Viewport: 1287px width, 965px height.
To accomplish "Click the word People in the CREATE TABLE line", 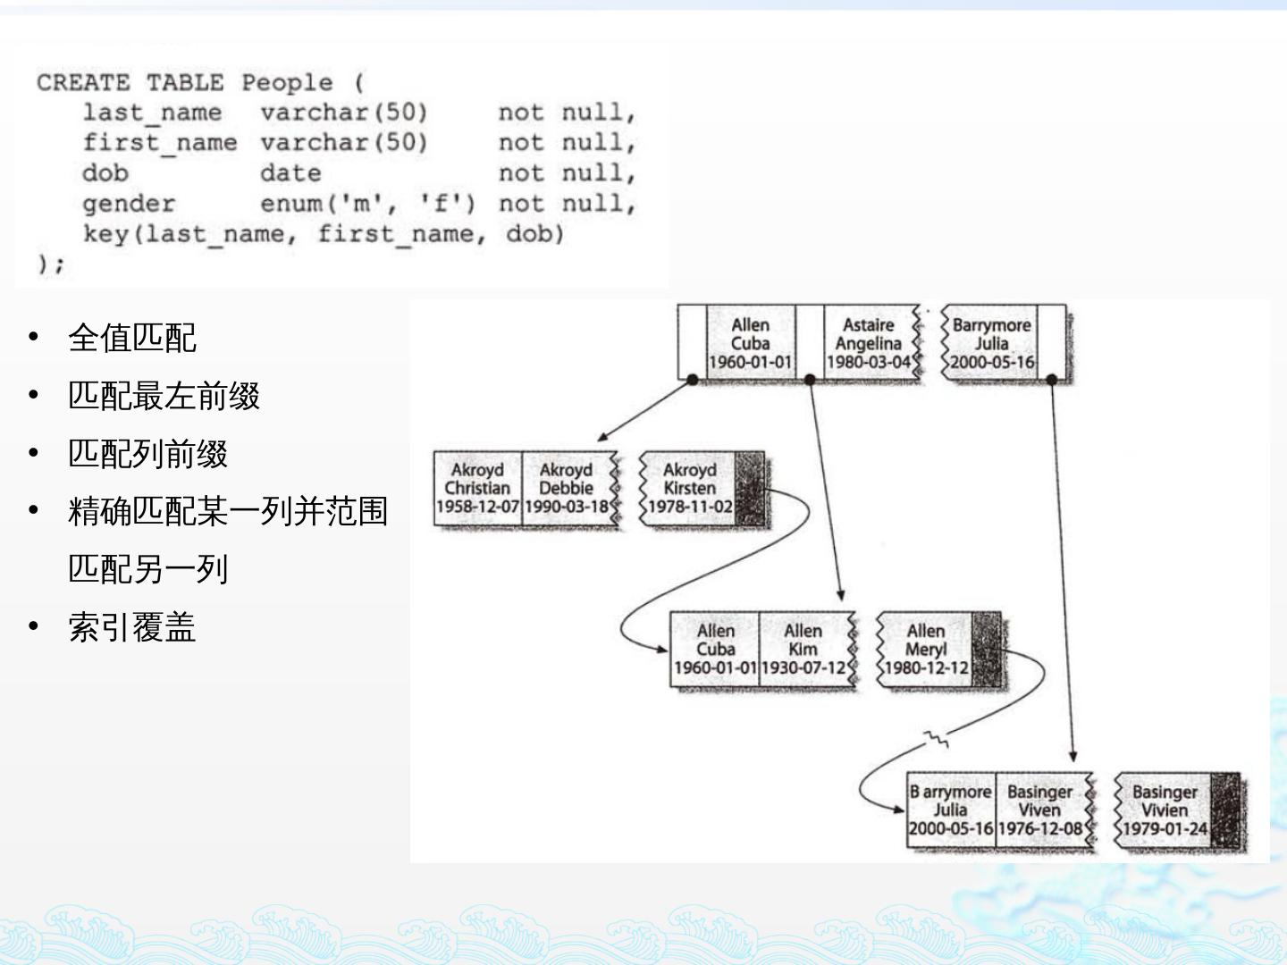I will pos(286,83).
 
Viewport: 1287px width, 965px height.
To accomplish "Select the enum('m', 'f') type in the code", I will pos(367,204).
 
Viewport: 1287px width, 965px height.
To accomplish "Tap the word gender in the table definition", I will pos(129,204).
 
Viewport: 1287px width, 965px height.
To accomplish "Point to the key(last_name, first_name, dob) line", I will pos(324,234).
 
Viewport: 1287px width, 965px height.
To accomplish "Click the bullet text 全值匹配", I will pos(132,338).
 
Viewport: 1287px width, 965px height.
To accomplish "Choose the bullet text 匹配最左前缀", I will pos(164,396).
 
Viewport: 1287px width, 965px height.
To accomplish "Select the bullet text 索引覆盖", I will pos(132,627).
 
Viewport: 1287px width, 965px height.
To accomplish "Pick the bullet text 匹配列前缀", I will pos(148,454).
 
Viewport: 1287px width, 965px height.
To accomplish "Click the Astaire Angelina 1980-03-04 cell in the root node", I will pos(869,344).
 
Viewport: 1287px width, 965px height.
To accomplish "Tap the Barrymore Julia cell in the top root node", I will pos(991,344).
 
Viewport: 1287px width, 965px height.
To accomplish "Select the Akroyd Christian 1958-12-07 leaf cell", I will pos(477,489).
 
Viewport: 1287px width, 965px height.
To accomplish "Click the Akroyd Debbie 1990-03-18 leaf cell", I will pos(566,489).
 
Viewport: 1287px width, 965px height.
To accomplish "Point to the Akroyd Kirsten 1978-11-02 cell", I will pos(690,489).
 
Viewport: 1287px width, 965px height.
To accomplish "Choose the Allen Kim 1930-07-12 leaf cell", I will pos(803,650).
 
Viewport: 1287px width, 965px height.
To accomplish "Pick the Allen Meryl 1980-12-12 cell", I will pos(925,650).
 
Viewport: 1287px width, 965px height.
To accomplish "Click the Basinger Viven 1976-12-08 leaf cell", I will pos(1039,810).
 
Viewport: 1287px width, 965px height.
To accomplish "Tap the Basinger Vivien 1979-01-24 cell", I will pos(1165,810).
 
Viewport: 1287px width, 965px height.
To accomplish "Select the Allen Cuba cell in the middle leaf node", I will pos(715,650).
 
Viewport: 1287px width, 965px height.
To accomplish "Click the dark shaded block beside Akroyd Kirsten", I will pos(750,489).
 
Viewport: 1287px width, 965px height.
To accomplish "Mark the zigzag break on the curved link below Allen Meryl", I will pos(937,739).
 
